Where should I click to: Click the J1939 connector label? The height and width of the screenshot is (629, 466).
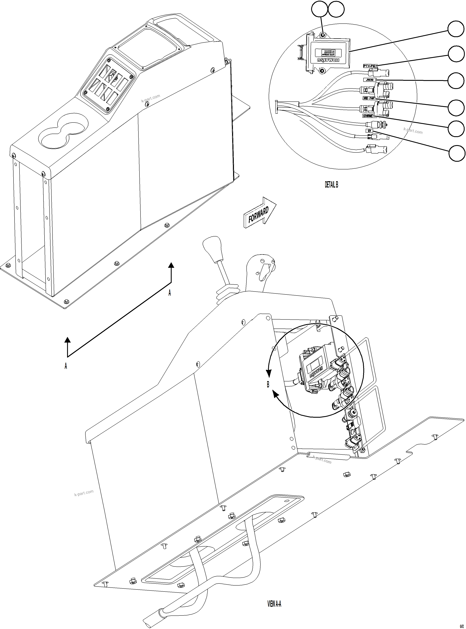(x=369, y=80)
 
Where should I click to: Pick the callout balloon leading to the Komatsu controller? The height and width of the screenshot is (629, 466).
(x=456, y=29)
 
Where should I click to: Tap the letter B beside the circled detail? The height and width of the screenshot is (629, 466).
(x=268, y=384)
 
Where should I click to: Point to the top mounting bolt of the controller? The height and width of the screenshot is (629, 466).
(x=323, y=35)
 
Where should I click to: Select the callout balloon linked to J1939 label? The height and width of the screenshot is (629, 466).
(x=456, y=81)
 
